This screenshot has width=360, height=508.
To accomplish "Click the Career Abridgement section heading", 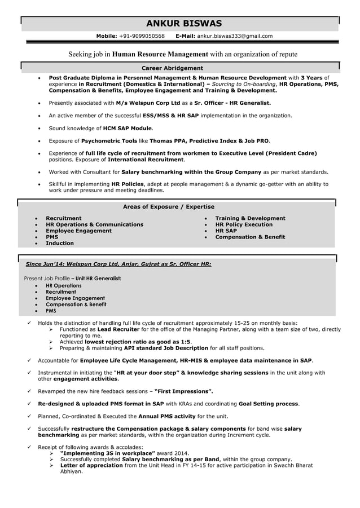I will [172, 68].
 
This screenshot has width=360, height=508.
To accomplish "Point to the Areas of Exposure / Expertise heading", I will [168, 207].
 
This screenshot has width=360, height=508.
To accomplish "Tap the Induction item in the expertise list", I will [59, 243].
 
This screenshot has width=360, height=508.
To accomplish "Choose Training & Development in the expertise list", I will [250, 218].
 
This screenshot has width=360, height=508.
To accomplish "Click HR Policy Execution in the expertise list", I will [244, 224].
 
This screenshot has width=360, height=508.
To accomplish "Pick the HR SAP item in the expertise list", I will [226, 231].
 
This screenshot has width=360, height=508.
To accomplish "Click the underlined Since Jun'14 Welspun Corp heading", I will [118, 264].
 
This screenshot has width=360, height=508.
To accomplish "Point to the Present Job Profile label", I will [47, 279].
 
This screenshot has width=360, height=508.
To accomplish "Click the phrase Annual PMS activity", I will [167, 416].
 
